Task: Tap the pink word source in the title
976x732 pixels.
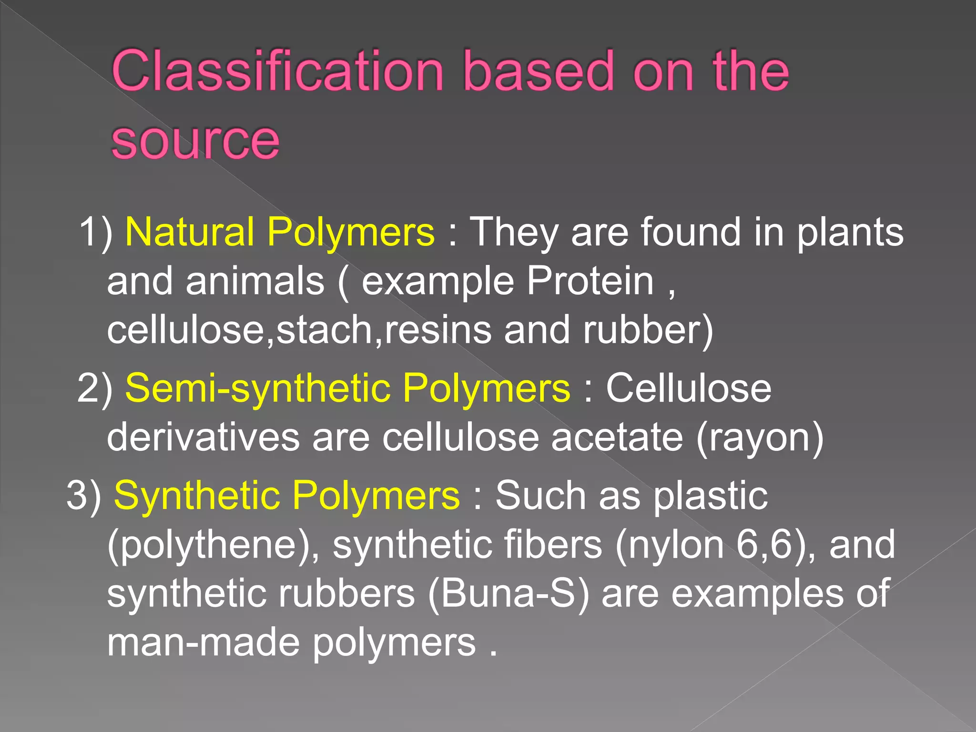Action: coord(195,140)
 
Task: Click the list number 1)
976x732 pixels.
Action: coord(96,232)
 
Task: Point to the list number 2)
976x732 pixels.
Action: coord(95,388)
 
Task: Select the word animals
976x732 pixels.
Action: coord(255,281)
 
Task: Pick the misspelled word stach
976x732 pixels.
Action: coord(324,330)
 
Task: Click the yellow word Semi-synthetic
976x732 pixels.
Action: coord(257,388)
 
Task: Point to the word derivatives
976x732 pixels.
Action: coord(203,437)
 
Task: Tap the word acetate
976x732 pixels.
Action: coord(617,437)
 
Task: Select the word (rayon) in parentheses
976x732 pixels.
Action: coord(760,437)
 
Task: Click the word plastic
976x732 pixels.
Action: coord(710,496)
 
